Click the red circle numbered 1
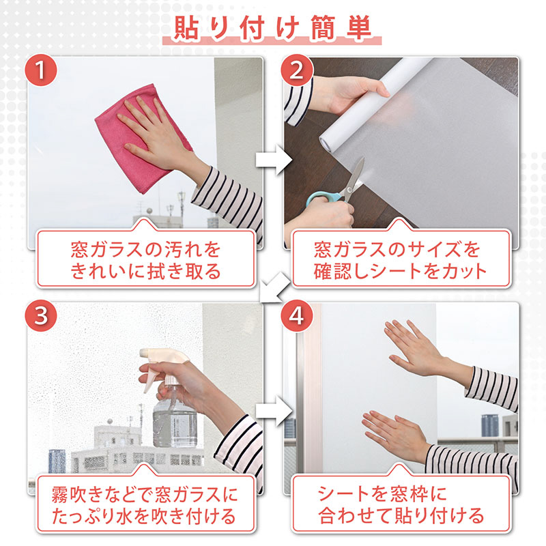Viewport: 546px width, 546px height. coord(40,70)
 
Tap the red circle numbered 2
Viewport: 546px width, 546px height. coord(296,70)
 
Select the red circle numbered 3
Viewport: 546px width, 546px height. coord(40,315)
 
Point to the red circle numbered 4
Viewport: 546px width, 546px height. coord(296,315)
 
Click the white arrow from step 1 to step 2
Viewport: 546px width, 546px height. coord(274,160)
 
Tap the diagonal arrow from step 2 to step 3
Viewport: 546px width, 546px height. coord(275,287)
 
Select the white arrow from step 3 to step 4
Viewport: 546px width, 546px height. coord(274,411)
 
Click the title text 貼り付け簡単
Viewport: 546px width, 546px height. coord(272,28)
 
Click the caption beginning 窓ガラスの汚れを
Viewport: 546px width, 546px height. coord(145,260)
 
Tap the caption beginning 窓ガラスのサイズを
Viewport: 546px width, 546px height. coord(400,260)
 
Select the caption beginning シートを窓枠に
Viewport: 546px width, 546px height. coord(401,506)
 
